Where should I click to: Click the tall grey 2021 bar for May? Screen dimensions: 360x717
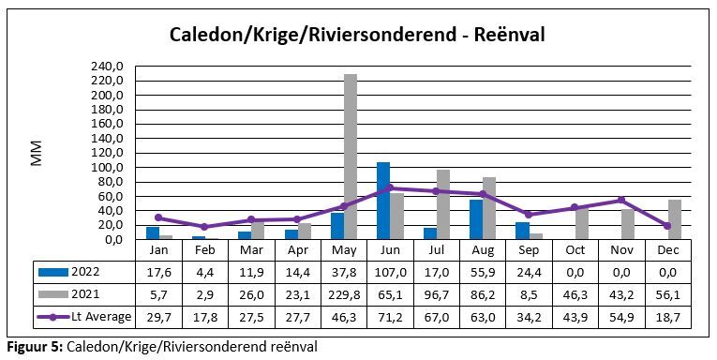coord(351,157)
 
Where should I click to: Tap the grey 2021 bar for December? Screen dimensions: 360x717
coord(675,219)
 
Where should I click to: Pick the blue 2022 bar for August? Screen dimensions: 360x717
coord(475,219)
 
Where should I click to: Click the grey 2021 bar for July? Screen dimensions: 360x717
coord(443,204)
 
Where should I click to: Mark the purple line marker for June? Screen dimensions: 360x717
coord(389,188)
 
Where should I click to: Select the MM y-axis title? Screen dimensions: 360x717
coord(37,153)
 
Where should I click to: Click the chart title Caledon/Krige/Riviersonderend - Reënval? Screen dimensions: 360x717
coord(357,35)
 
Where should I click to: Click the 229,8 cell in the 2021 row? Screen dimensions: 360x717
coord(343,294)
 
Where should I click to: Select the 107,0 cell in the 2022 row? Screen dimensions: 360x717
coord(389,272)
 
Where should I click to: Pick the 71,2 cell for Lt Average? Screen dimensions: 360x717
coord(389,317)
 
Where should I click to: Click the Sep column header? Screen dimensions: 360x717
coord(529,251)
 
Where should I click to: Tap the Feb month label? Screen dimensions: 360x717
coord(204,251)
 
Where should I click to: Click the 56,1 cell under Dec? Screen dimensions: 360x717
coord(667,294)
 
